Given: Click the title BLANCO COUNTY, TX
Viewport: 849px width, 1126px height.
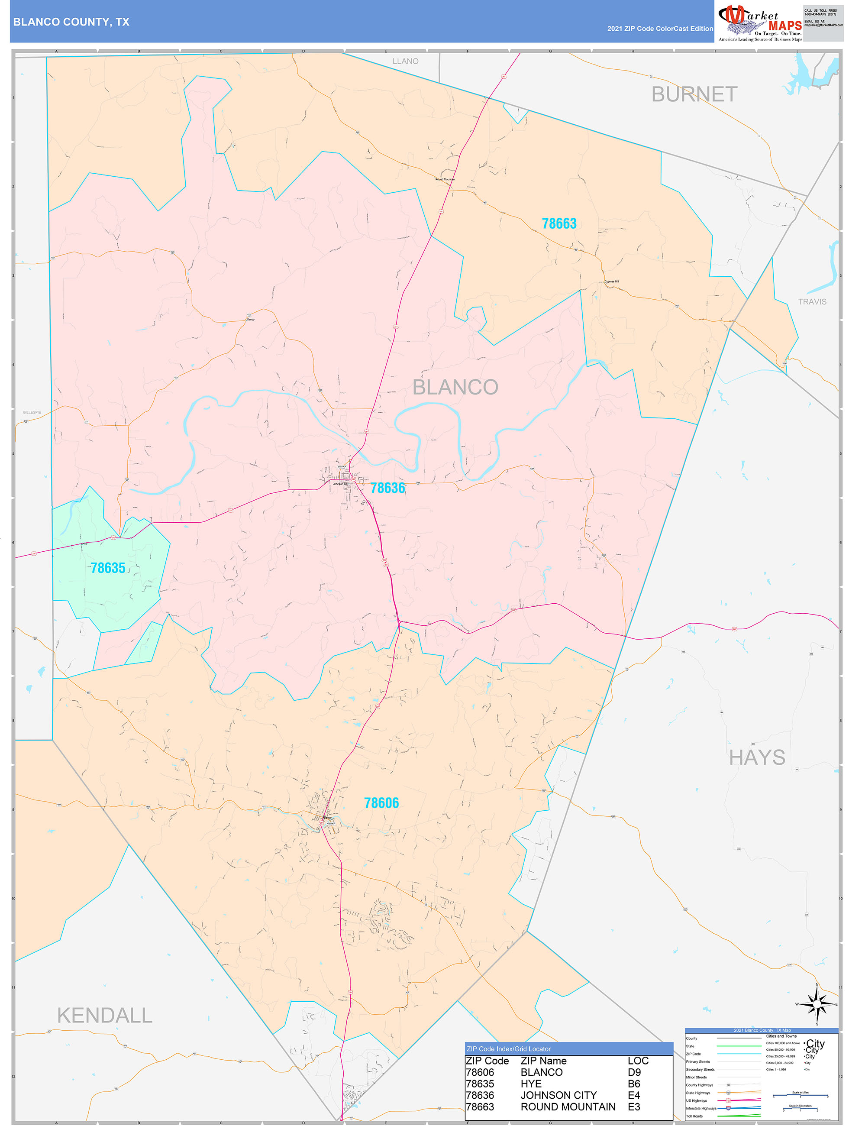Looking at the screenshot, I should (x=71, y=22).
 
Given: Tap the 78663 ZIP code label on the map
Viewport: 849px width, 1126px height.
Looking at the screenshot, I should (x=559, y=223).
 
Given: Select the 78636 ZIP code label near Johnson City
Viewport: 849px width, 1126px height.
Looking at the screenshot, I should (x=387, y=488).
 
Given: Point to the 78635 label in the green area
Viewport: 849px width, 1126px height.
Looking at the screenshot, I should (x=108, y=568).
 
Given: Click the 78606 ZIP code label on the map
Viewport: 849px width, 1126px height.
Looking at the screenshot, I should (x=381, y=803).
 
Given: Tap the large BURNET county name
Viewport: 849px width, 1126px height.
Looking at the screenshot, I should (x=694, y=95).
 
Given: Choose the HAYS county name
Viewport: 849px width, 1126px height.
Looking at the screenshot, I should (x=757, y=758).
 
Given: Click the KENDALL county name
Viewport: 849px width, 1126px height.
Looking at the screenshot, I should (x=104, y=1016).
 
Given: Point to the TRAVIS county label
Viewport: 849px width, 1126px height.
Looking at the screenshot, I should (x=812, y=302).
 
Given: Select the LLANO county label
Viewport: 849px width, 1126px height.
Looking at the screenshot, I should (x=405, y=61).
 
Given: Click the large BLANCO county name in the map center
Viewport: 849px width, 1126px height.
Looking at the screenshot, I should (x=455, y=387).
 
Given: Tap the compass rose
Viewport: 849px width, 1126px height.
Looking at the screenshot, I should (x=817, y=1004).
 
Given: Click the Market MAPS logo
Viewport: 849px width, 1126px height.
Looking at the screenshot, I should (x=760, y=23).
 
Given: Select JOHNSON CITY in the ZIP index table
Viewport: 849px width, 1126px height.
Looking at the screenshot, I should (x=558, y=1095).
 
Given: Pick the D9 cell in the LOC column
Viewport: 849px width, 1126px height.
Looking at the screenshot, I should (x=634, y=1072).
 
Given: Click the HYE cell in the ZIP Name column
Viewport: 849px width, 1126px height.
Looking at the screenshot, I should (x=531, y=1084).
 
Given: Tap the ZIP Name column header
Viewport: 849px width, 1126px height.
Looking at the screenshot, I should (x=543, y=1061).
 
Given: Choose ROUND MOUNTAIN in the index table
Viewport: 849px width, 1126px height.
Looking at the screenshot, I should (x=568, y=1107).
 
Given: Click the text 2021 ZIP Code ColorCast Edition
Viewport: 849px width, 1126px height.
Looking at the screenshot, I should (x=660, y=29).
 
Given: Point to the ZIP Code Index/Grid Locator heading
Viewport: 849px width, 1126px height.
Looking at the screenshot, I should (x=508, y=1048).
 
